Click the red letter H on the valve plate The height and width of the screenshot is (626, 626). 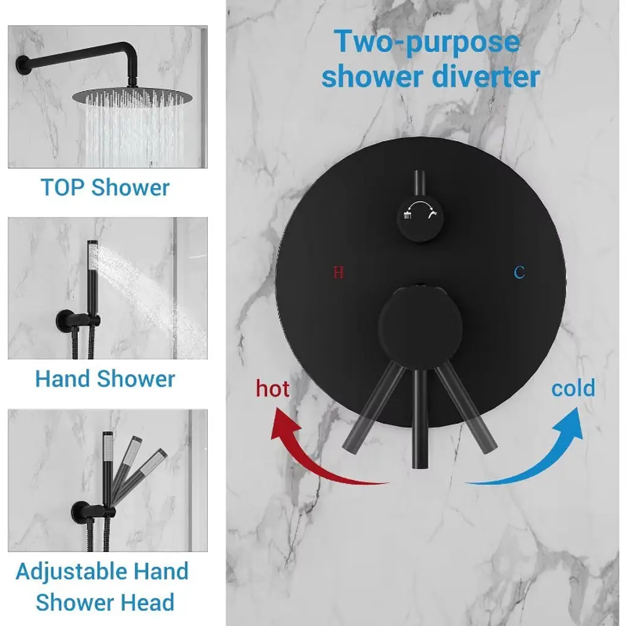(338, 273)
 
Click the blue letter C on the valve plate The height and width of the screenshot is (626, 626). (519, 272)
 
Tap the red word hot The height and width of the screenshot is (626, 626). (273, 388)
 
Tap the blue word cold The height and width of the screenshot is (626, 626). (573, 388)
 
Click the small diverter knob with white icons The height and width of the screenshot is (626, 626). (420, 219)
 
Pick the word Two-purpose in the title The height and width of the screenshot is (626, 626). (427, 42)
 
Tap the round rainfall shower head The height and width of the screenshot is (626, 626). (132, 95)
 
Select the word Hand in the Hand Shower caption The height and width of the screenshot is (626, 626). (62, 378)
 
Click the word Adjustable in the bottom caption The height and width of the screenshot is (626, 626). (71, 572)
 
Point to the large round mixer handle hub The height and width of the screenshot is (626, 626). (420, 328)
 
